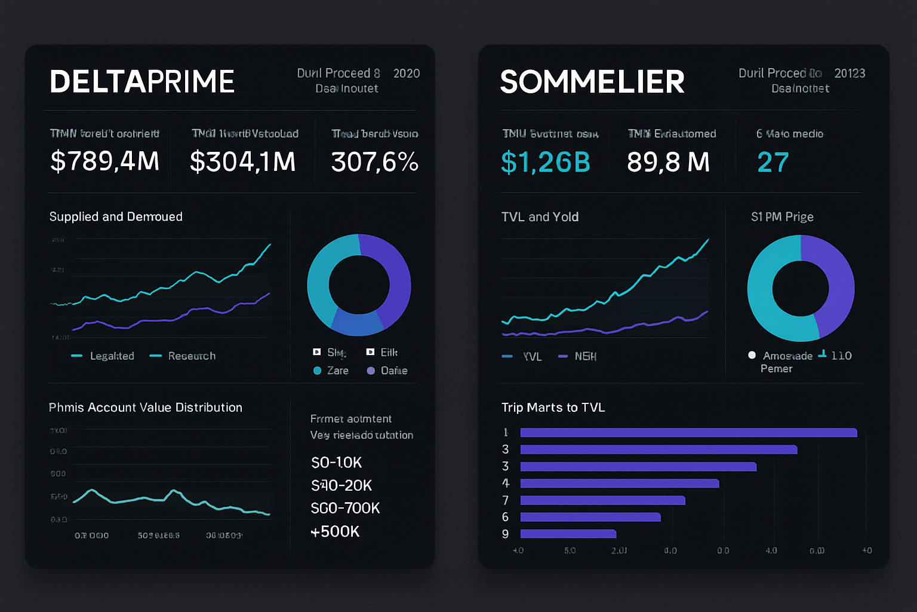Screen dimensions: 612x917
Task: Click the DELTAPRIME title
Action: coord(142,82)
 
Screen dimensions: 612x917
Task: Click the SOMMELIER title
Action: coord(592,82)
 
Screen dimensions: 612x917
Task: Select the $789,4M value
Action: coord(105,161)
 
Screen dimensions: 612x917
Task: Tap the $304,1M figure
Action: coord(242,161)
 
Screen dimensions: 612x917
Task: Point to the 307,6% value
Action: coord(375,161)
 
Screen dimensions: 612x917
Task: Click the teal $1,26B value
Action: coord(546,162)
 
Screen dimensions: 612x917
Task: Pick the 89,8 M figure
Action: coord(668,162)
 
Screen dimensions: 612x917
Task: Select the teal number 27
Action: coord(773,162)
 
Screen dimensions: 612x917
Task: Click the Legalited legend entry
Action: coord(112,356)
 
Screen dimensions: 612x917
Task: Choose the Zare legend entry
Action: coord(337,371)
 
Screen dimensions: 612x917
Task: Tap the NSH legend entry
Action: coord(585,356)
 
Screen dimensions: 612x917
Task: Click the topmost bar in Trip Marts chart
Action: coord(688,433)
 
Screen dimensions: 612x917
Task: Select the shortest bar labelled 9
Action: coord(568,534)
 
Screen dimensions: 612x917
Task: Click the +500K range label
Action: coord(335,531)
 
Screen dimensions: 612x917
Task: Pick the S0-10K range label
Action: coord(337,463)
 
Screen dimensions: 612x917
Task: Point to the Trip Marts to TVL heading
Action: coord(553,408)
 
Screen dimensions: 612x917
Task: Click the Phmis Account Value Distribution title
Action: coord(146,408)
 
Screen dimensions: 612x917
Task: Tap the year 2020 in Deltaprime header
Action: coord(407,74)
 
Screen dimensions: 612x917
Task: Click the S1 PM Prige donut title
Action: coord(782,217)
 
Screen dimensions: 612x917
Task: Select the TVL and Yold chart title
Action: coord(540,217)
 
